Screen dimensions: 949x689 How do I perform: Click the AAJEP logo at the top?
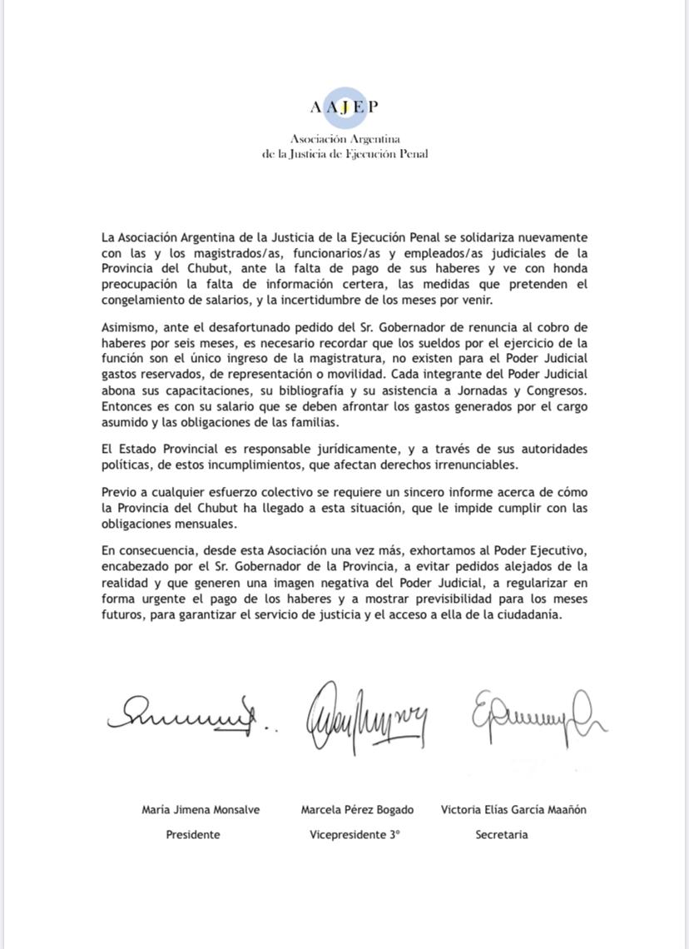click(x=344, y=107)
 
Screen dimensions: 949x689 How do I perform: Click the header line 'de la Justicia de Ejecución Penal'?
click(x=344, y=153)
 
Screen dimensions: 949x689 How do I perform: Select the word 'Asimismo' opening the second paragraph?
click(x=127, y=327)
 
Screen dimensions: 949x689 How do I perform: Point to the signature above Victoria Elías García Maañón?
click(x=537, y=714)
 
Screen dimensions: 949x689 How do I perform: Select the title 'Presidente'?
click(x=193, y=834)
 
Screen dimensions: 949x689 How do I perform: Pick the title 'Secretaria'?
click(x=502, y=834)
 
